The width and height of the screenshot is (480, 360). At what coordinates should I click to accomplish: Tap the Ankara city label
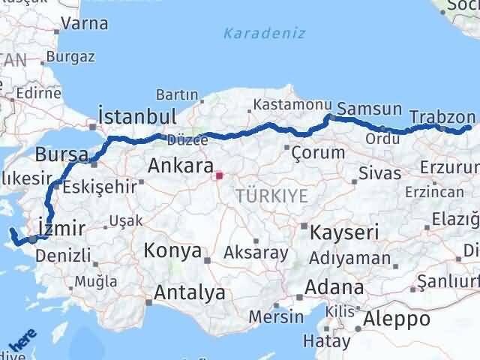pos(181,166)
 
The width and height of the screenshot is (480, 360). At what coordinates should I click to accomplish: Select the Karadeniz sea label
pos(254,33)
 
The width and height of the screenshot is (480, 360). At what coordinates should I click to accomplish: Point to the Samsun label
pos(370,109)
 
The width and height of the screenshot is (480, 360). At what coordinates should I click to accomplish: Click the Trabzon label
pos(442,117)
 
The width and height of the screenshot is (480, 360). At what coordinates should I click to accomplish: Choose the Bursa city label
pos(61,154)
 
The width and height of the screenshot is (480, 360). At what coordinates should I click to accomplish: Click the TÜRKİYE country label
pos(271,196)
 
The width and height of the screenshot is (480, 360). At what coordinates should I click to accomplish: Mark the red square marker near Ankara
pos(219,177)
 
